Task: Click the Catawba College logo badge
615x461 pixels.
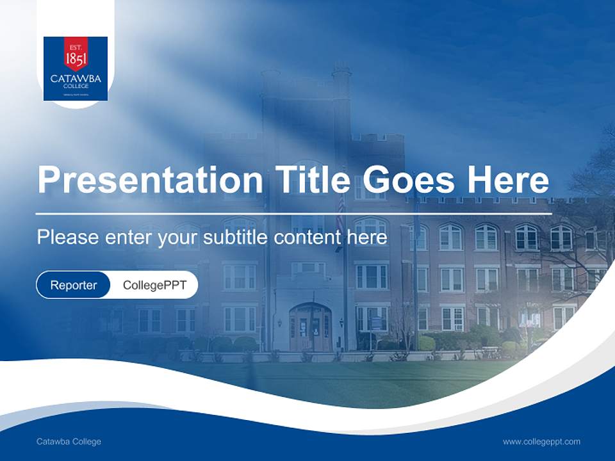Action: [x=76, y=69]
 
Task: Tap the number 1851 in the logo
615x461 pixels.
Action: [x=76, y=59]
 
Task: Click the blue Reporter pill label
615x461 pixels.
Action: [x=73, y=285]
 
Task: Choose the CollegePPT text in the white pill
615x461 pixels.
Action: [x=154, y=285]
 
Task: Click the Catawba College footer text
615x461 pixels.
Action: [x=69, y=441]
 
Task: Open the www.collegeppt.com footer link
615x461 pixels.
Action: [x=541, y=441]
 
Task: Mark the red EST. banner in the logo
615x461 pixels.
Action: [x=76, y=46]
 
